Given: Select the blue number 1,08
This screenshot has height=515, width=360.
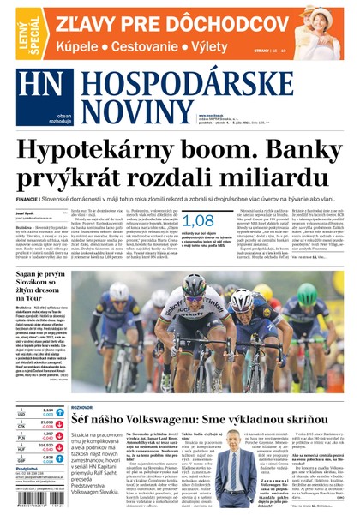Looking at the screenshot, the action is pos(198,219).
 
